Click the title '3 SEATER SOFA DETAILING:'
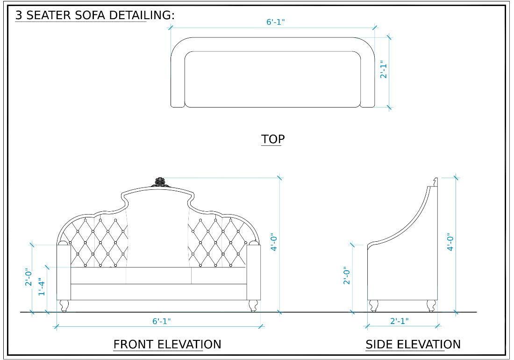point(95,15)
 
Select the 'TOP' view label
point(273,139)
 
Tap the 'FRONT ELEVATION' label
point(167,345)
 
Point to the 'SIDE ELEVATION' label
point(413,345)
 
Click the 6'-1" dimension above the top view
point(276,22)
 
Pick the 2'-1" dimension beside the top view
point(384,69)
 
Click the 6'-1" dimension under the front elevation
point(162,321)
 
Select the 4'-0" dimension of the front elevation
point(274,242)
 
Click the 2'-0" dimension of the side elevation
point(346,276)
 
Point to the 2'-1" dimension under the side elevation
point(400,321)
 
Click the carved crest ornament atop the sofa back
point(160,182)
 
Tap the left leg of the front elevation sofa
point(64,306)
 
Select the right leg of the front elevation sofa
point(253,306)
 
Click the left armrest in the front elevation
point(64,271)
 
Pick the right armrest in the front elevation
point(253,271)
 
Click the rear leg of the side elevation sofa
point(431,306)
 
